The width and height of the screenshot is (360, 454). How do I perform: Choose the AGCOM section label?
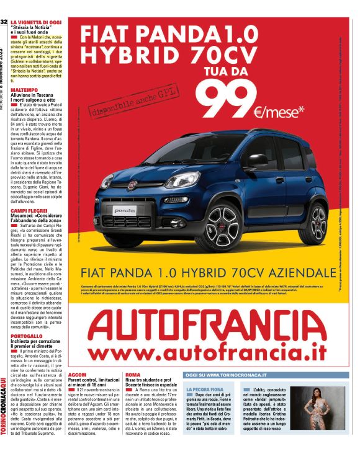coord(77,376)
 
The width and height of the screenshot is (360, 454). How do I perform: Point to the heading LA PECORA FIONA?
coord(204,389)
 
